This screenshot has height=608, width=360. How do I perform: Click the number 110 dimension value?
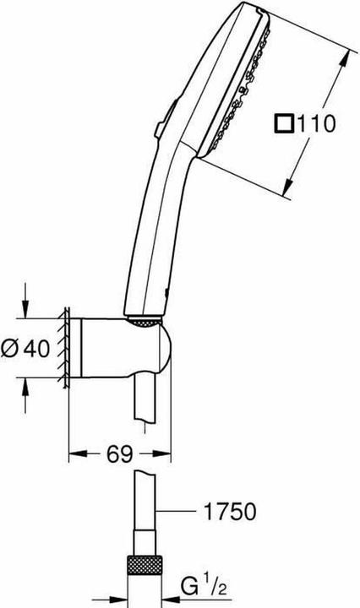tap(316, 125)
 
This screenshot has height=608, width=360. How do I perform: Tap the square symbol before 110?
tap(283, 125)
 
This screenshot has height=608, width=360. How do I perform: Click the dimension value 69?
tap(119, 454)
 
